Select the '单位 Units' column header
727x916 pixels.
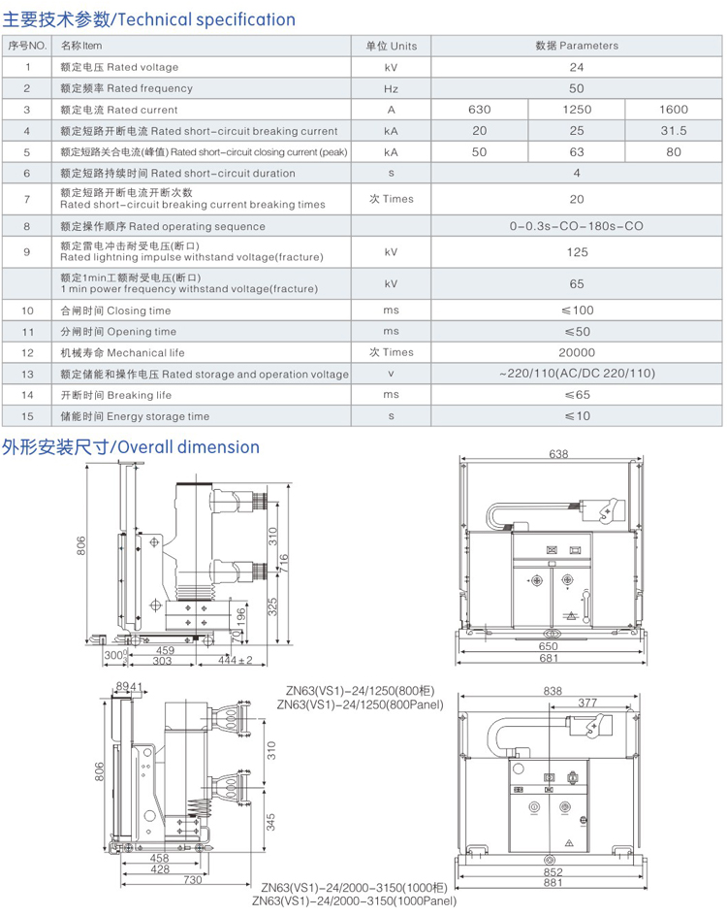pos(391,46)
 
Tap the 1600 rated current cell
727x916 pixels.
pos(673,110)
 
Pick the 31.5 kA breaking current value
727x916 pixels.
pos(673,131)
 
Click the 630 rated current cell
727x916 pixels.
pos(479,110)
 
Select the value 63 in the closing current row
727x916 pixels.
pos(576,152)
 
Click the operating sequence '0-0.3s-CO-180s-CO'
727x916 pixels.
pos(576,226)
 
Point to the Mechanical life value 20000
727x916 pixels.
pos(576,352)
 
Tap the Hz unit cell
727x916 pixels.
pos(391,88)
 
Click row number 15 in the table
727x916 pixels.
pos(28,416)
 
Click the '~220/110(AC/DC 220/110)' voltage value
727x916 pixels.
pos(576,374)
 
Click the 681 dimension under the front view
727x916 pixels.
pos(549,659)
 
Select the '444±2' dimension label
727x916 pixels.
pos(236,661)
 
